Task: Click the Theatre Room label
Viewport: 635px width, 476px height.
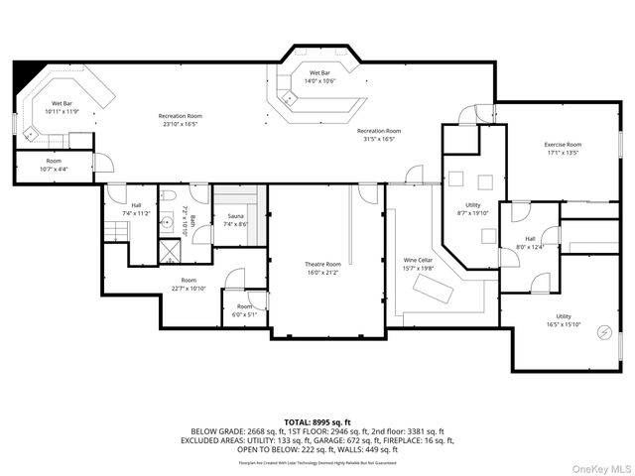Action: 322,267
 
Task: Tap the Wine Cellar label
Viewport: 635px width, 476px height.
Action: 418,263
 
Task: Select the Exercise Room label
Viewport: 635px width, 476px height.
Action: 562,149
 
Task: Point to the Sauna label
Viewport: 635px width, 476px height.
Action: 236,219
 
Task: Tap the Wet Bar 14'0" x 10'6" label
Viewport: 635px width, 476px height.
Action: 318,76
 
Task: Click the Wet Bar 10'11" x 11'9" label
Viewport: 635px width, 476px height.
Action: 62,107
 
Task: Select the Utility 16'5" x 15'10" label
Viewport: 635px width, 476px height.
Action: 563,320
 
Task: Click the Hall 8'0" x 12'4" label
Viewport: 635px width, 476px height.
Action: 530,242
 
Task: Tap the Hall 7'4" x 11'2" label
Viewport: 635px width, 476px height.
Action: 136,209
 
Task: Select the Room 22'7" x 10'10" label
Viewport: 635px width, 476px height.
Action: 189,284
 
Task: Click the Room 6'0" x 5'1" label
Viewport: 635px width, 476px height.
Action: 244,310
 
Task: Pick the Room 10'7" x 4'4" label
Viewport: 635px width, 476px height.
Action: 54,165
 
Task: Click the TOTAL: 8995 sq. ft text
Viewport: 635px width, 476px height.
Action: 317,422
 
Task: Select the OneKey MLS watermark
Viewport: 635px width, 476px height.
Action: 601,467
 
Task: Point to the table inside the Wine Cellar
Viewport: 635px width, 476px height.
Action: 433,291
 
